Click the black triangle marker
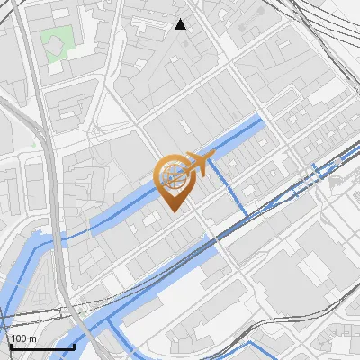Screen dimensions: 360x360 [181, 24]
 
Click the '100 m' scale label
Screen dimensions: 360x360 [23, 337]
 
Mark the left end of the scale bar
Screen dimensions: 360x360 [10, 346]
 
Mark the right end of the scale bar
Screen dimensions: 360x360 [74, 346]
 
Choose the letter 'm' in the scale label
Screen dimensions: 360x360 [31, 337]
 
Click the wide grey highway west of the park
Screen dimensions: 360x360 [32, 90]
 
